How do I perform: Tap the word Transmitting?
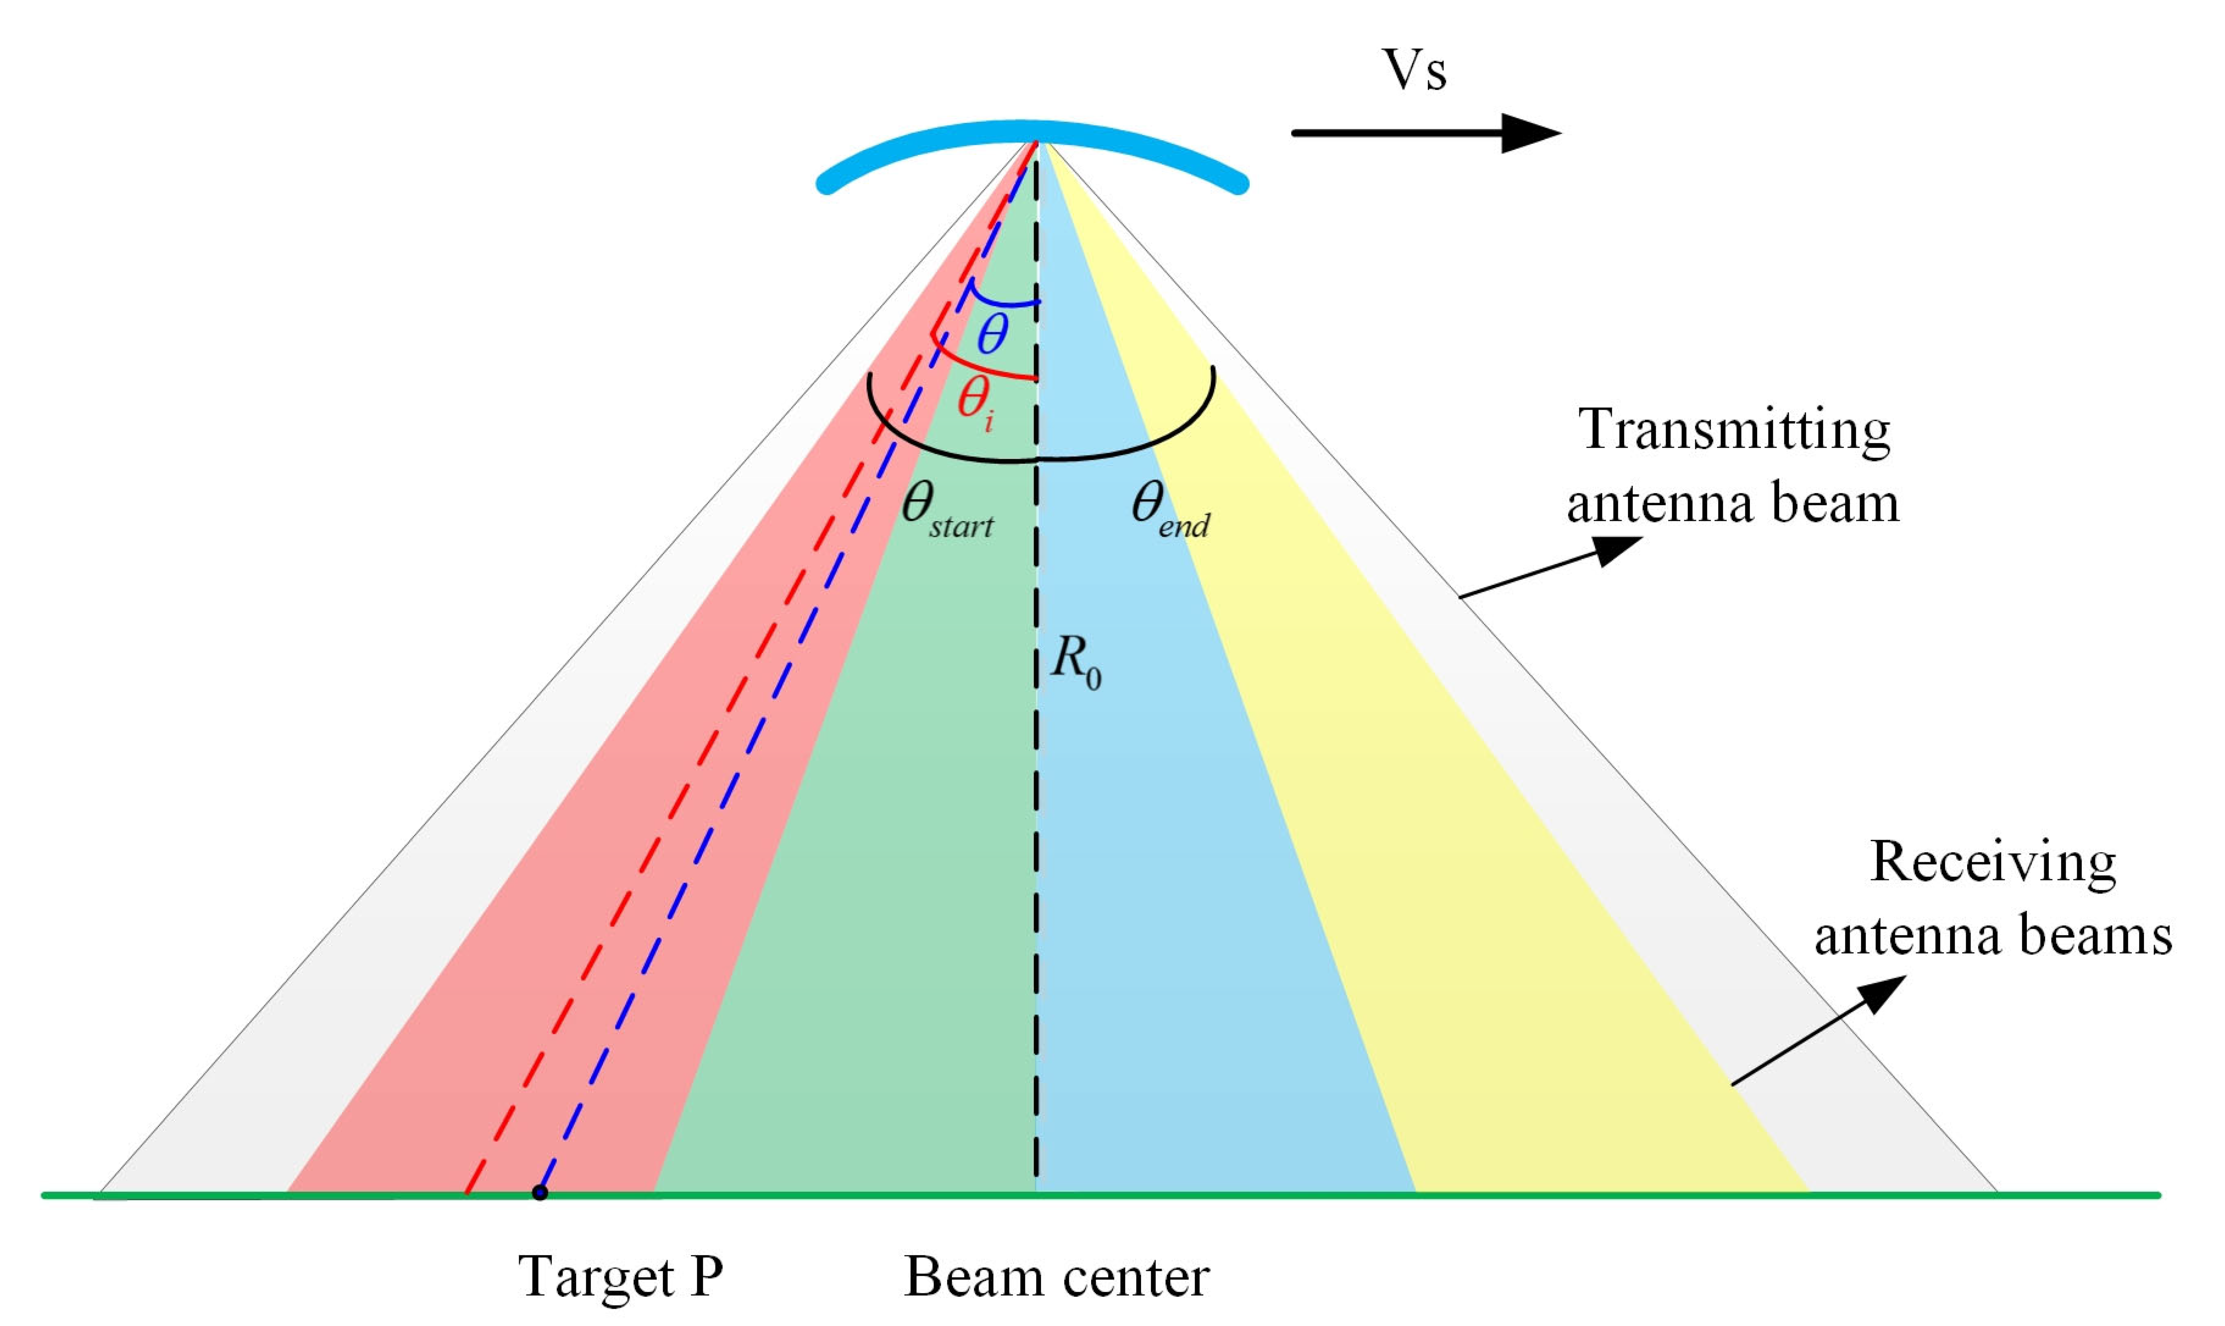click(x=1734, y=431)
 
